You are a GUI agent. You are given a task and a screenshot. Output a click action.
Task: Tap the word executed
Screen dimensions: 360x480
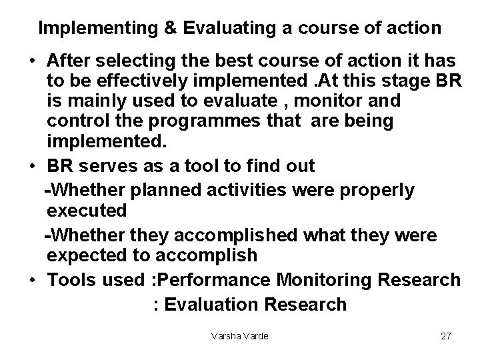pyautogui.click(x=87, y=211)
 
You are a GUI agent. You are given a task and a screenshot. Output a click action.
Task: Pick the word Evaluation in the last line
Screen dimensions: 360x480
pyautogui.click(x=211, y=305)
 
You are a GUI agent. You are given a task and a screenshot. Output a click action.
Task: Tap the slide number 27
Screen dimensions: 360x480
pyautogui.click(x=446, y=336)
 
